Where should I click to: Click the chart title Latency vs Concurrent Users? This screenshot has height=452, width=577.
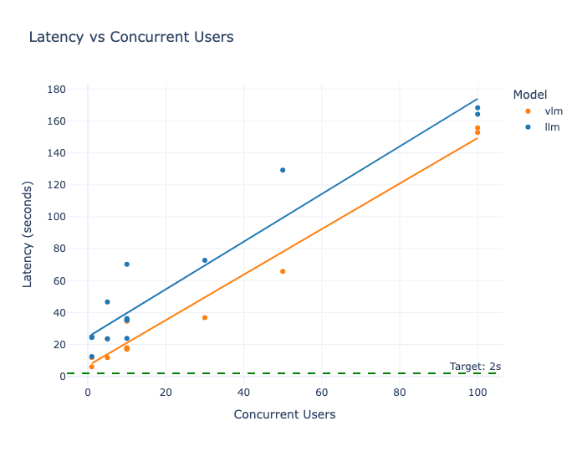(x=131, y=37)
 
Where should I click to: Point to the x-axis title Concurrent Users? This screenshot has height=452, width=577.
(x=284, y=414)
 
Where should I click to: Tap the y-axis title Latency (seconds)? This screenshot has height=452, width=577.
(x=27, y=231)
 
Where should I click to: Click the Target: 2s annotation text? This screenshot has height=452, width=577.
(x=475, y=366)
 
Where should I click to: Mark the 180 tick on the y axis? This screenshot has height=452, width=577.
(x=57, y=89)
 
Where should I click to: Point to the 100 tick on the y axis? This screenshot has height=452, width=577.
(x=57, y=217)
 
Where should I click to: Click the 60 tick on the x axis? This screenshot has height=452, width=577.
(x=322, y=393)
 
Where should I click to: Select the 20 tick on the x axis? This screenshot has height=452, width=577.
(x=166, y=393)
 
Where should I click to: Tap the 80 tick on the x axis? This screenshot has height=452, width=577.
(x=400, y=393)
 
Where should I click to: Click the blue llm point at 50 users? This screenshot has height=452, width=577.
(x=283, y=170)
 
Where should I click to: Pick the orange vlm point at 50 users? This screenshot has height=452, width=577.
(x=283, y=271)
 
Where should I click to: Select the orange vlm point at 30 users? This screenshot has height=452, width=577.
(x=205, y=317)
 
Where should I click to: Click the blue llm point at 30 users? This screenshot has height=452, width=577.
(x=205, y=260)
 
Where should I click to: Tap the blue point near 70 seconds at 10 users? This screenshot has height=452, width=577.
(x=127, y=265)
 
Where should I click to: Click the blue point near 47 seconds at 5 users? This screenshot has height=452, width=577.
(x=107, y=301)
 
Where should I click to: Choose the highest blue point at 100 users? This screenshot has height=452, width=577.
(x=477, y=108)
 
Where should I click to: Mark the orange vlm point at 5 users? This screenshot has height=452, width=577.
(x=107, y=357)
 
